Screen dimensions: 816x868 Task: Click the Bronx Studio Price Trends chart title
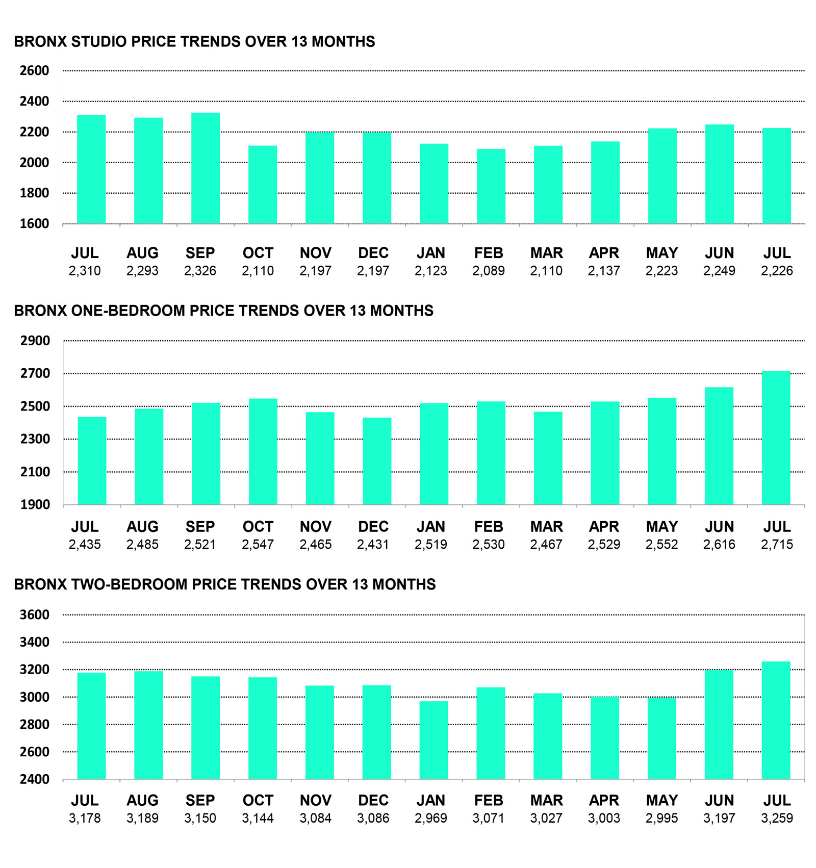tap(194, 41)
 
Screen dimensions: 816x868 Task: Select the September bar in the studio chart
tap(206, 168)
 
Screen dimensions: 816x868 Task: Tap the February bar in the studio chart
tap(491, 186)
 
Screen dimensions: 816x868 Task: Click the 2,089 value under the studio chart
tap(489, 271)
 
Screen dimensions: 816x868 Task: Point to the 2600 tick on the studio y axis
tap(35, 71)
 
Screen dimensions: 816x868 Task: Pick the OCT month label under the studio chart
tap(258, 253)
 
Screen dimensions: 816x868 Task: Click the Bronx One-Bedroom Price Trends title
tap(223, 311)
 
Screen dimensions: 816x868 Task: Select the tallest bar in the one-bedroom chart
tap(776, 438)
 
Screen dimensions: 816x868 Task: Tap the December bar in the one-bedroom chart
tap(377, 462)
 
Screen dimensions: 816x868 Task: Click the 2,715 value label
tap(777, 545)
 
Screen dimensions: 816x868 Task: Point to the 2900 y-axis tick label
tap(35, 341)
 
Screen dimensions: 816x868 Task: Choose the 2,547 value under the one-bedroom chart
tap(258, 545)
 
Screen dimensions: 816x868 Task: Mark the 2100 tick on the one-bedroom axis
tap(35, 472)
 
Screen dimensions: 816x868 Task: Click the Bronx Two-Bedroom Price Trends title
tap(225, 584)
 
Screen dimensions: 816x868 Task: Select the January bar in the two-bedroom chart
tap(434, 740)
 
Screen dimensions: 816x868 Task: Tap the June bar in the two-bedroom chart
tap(719, 725)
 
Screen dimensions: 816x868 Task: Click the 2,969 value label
tap(431, 819)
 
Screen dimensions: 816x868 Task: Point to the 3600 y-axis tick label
tap(35, 615)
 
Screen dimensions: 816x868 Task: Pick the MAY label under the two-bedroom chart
tap(662, 801)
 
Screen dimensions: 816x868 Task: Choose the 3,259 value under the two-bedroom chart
tap(777, 819)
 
